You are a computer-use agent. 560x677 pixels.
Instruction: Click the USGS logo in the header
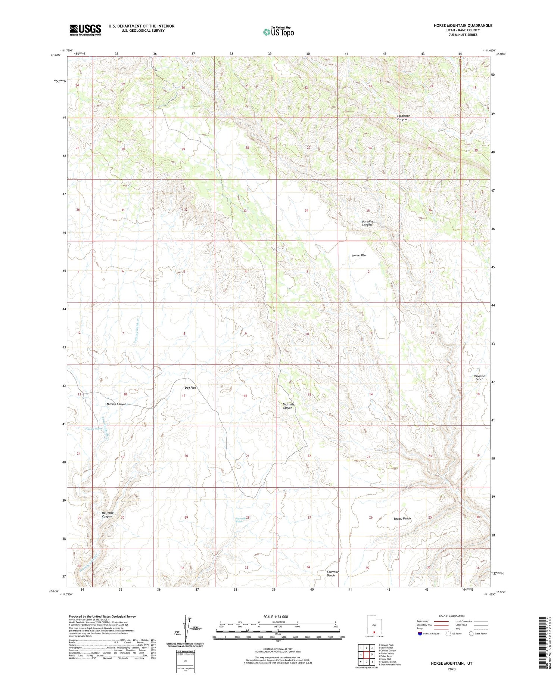coord(85,30)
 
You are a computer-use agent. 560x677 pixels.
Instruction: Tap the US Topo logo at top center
coord(278,32)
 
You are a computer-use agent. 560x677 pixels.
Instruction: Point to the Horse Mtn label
coord(359,255)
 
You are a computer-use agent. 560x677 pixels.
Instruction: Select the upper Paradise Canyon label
coord(367,223)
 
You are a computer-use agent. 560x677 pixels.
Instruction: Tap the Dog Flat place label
coord(190,388)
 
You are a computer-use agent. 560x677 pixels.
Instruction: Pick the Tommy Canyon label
coord(116,404)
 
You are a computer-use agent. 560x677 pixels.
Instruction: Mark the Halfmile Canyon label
coord(108,515)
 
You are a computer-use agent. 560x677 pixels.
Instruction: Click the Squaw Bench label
coord(402,519)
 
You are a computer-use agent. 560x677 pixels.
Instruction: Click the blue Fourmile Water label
coord(240,520)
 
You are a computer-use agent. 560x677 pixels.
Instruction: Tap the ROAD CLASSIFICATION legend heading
coord(452,616)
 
